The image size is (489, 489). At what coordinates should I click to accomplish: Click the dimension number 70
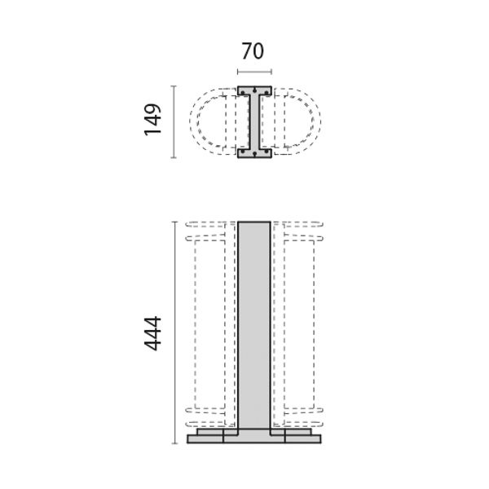click(253, 51)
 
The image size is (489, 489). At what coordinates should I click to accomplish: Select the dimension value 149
click(153, 120)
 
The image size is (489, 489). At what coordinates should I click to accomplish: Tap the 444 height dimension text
click(152, 333)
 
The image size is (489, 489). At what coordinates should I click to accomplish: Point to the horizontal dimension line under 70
click(254, 72)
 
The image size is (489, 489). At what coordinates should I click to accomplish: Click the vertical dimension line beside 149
click(174, 122)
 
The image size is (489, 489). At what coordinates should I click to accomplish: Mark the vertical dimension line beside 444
click(174, 333)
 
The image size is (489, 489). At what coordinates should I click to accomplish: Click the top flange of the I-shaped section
click(254, 90)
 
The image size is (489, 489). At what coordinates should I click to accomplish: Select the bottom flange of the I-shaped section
click(254, 153)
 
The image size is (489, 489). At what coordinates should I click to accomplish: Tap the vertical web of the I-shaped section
click(254, 122)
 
